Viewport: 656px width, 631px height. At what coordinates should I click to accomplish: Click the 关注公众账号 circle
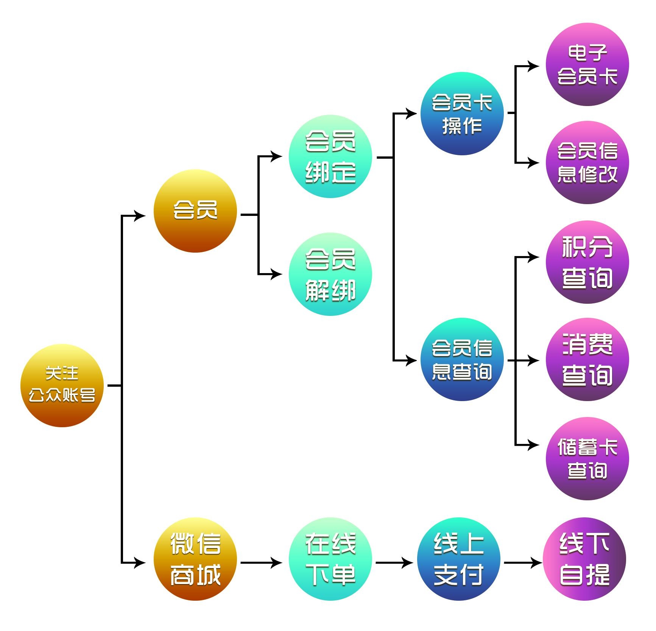62,385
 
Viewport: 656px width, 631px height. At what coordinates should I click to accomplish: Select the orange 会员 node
195,211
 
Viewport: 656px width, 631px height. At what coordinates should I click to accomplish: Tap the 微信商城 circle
195,559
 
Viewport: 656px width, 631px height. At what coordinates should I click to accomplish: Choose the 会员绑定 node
330,156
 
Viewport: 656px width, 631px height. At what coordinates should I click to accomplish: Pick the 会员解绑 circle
330,274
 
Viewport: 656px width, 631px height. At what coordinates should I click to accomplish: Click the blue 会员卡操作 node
462,113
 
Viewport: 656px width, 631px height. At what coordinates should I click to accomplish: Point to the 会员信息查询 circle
462,359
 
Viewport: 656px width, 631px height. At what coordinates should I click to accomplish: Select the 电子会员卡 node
587,64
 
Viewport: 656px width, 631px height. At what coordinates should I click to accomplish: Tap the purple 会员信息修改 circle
587,162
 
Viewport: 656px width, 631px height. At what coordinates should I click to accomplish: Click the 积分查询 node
587,262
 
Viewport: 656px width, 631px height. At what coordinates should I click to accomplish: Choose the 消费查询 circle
587,359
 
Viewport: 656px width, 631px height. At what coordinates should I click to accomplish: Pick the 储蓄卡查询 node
587,459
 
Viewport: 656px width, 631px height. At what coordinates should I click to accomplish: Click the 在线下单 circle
330,559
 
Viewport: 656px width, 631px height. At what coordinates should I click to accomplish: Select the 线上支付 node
459,559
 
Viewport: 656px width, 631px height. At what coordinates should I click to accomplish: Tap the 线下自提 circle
584,559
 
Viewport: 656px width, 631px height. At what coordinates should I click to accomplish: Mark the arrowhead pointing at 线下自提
536,563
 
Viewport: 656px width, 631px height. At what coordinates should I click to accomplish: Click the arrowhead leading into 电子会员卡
533,66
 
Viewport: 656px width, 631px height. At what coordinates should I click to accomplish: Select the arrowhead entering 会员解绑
276,274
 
